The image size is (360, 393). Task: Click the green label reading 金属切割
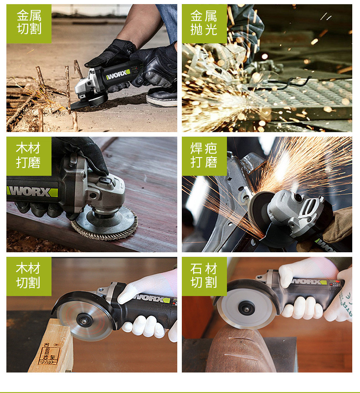point(29,24)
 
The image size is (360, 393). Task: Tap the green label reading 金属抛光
point(204,24)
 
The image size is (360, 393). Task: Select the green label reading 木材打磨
point(29,156)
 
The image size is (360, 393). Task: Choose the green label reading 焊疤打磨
point(204,156)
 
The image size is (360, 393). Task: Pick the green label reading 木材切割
point(29,276)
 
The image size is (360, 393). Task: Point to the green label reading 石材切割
point(204,276)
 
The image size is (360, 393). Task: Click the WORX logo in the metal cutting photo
point(118,74)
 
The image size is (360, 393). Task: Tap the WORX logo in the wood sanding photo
point(32,192)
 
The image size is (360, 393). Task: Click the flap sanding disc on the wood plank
point(105,223)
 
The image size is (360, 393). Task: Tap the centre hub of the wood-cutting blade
point(84,320)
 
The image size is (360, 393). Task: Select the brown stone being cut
point(240,349)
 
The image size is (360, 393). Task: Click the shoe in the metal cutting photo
point(162,97)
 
